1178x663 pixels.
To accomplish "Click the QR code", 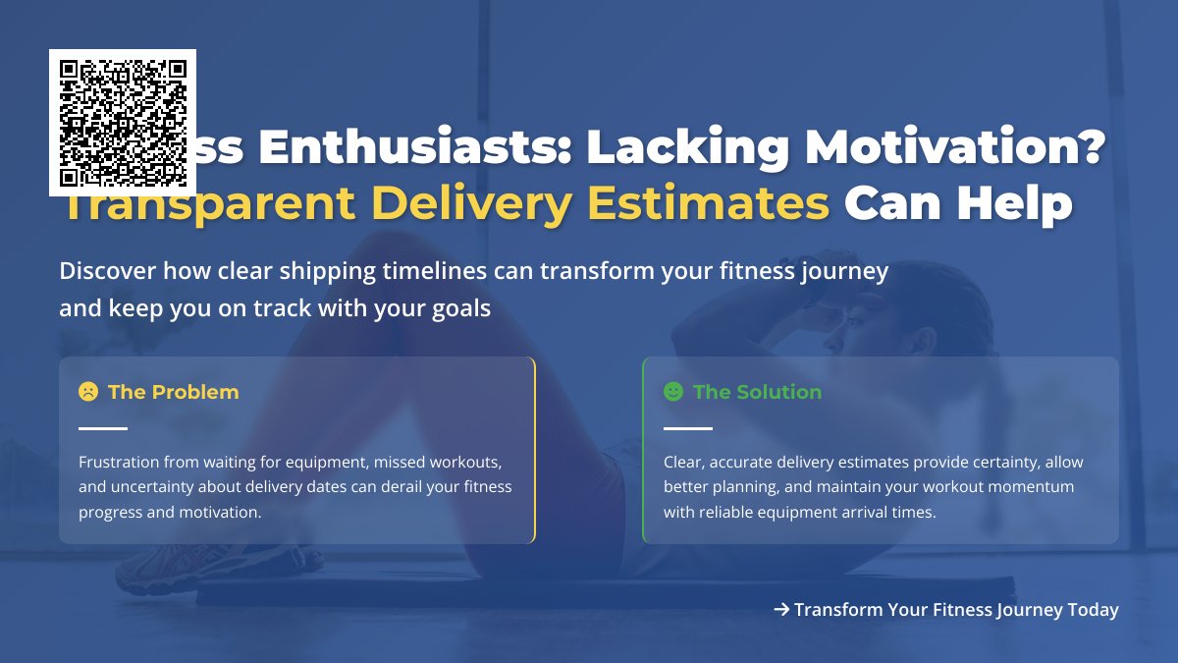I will (x=123, y=123).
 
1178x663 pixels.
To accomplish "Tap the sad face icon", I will (x=88, y=392).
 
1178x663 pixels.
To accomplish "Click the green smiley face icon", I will (x=673, y=392).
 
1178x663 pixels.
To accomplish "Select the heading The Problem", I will (x=173, y=392).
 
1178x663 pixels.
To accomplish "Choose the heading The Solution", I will (x=757, y=392).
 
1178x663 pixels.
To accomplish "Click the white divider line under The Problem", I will (x=103, y=428).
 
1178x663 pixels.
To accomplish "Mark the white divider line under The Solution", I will (x=688, y=428).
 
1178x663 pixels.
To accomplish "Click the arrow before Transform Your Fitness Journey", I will (x=781, y=610).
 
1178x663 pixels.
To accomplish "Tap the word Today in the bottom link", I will (x=1093, y=610).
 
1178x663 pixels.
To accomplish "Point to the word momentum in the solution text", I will (x=1038, y=487).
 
